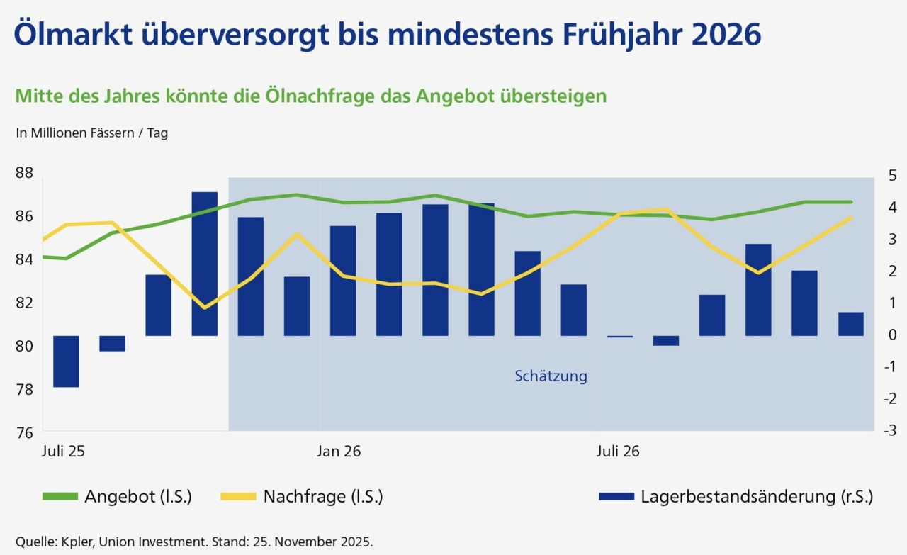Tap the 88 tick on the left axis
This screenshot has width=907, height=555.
tap(24, 173)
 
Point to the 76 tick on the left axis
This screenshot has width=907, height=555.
tap(24, 432)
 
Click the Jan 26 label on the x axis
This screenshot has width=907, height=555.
tap(339, 451)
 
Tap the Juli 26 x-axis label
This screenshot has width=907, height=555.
tap(618, 451)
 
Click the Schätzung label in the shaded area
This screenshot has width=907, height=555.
tap(551, 376)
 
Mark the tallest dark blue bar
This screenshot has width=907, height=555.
tap(205, 264)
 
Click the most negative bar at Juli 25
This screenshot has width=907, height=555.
tap(66, 361)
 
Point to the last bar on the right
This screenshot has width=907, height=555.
tap(851, 324)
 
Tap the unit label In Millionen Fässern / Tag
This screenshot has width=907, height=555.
tap(91, 133)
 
